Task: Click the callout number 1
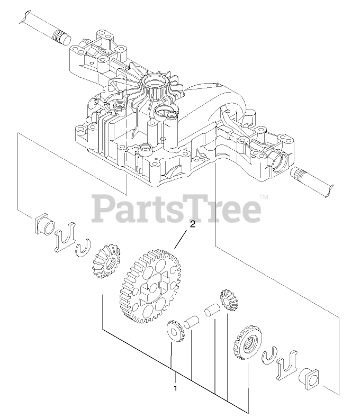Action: tap(175, 388)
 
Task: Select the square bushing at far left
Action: tap(44, 225)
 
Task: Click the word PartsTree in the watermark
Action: tap(177, 209)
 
